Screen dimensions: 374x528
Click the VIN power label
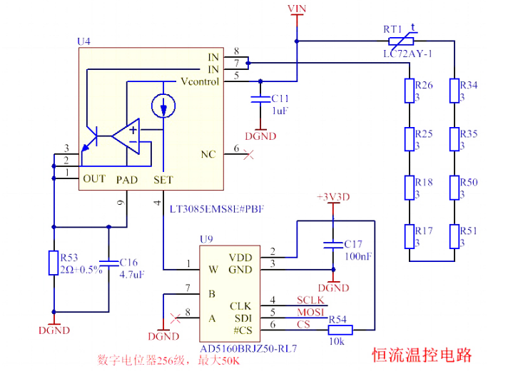297,8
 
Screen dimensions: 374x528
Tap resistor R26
409,91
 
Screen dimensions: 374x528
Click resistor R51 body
454,236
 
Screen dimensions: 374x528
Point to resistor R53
53,262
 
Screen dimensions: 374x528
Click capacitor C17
332,244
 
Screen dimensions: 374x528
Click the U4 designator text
83,41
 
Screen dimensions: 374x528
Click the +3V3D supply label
332,196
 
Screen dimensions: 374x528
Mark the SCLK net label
310,300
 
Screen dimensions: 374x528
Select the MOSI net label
310,313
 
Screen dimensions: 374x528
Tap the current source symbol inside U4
163,106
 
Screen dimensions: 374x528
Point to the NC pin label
208,154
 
